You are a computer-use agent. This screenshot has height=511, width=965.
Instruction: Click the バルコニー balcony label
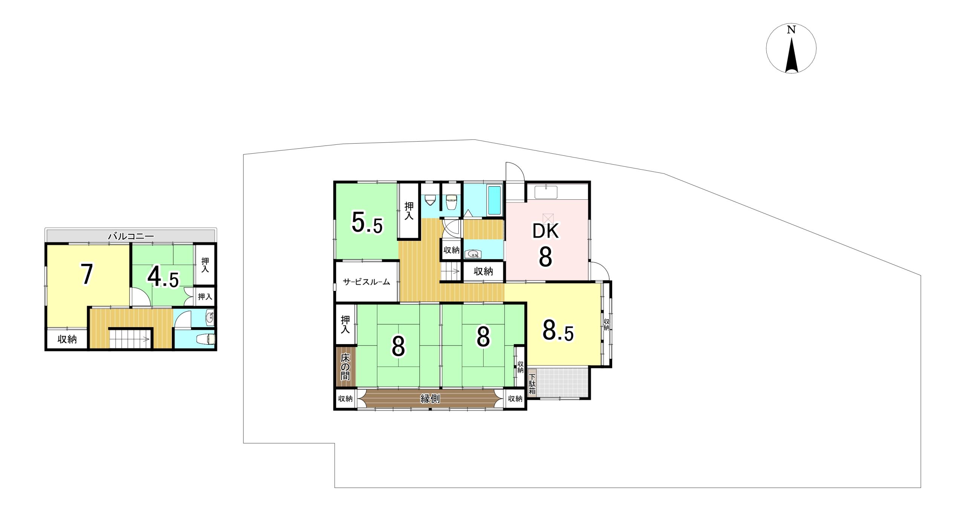(x=131, y=236)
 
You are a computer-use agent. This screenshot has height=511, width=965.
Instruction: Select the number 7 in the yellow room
(x=87, y=274)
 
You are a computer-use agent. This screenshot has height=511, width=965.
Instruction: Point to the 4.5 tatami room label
(x=163, y=277)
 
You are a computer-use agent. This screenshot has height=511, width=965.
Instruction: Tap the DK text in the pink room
(x=545, y=231)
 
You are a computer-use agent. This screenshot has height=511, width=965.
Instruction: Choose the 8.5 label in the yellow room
(x=558, y=330)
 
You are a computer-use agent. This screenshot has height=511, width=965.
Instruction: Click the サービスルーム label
(x=366, y=282)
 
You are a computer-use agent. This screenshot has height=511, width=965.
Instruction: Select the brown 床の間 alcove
(x=346, y=366)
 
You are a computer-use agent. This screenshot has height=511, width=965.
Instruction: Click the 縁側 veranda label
(x=430, y=398)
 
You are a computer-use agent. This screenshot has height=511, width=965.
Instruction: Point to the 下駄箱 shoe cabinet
(x=532, y=384)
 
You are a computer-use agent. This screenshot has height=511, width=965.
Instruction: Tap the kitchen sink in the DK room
(x=546, y=192)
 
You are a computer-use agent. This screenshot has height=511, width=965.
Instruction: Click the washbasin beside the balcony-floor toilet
(x=210, y=318)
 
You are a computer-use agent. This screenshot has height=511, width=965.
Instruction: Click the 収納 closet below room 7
(x=67, y=339)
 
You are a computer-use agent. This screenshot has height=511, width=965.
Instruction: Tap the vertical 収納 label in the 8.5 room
(x=606, y=324)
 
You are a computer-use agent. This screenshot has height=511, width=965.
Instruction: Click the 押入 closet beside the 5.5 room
(x=409, y=211)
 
